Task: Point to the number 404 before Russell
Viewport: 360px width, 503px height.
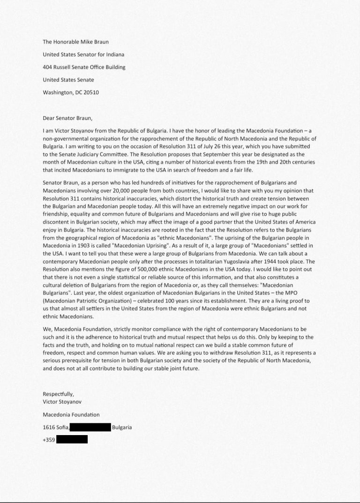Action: [x=47, y=67]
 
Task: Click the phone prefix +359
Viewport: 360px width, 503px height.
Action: [x=48, y=440]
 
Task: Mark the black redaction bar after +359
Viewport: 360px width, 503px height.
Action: [x=72, y=439]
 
